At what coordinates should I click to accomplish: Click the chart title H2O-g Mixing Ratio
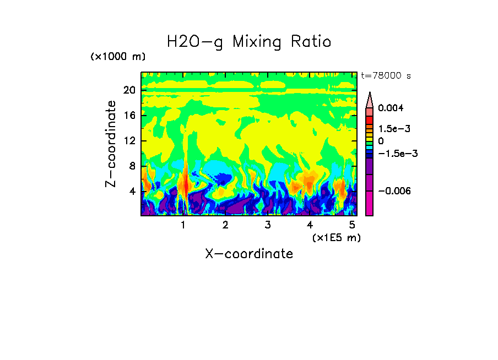[249, 42]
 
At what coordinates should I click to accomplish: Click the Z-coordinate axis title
[111, 144]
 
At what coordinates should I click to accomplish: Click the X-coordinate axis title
[249, 254]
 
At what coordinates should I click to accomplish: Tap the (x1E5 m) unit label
[336, 237]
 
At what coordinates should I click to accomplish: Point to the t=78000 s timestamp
[386, 75]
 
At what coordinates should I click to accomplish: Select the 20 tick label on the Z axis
[129, 90]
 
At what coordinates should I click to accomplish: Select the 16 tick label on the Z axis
[129, 116]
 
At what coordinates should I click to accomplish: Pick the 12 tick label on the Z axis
[129, 141]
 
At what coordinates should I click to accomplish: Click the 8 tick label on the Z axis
[132, 166]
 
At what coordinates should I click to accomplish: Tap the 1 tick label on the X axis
[183, 225]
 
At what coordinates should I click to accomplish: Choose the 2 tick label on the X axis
[225, 225]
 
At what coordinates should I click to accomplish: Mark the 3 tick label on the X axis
[267, 225]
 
